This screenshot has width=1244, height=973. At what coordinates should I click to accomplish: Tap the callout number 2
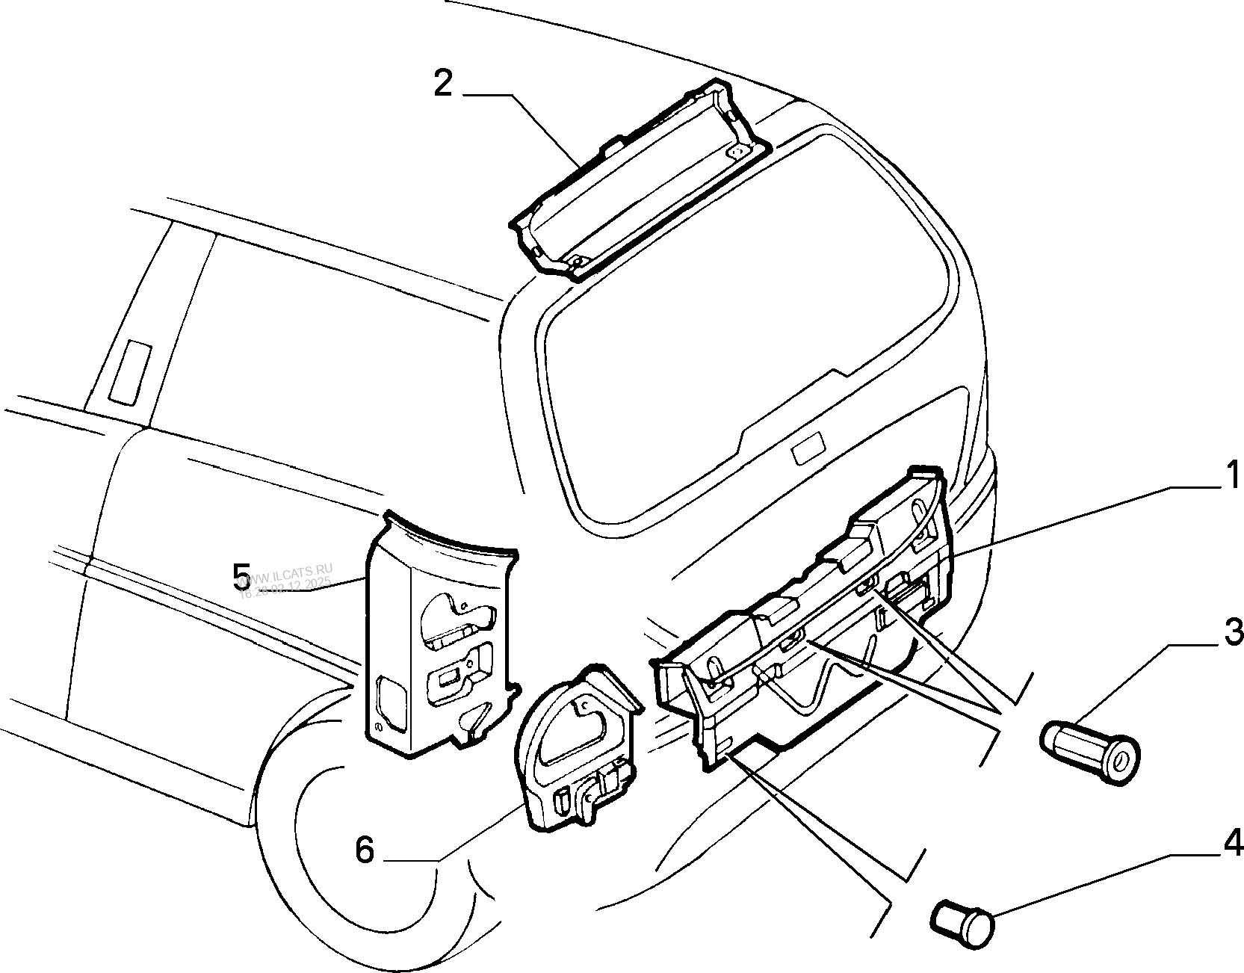coord(443,84)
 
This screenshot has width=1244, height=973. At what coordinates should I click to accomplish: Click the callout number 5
coord(241,575)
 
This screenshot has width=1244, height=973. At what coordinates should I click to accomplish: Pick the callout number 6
coord(364,850)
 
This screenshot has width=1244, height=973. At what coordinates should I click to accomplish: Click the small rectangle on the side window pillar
coord(129,372)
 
